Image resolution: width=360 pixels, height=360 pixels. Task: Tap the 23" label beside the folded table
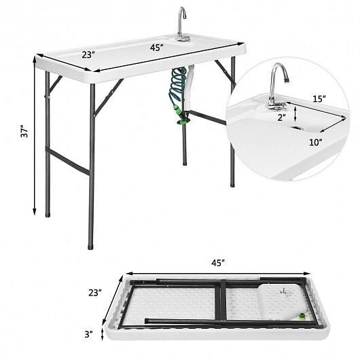pyautogui.click(x=94, y=293)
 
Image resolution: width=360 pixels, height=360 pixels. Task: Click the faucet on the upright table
pyautogui.click(x=181, y=22)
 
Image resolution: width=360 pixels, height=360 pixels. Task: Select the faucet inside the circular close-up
pyautogui.click(x=276, y=85)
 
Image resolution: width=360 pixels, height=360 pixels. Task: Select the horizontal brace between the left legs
pyautogui.click(x=68, y=162)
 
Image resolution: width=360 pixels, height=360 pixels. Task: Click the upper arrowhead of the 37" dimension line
pyautogui.click(x=34, y=58)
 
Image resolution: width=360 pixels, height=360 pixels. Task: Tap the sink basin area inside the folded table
pyautogui.click(x=278, y=299)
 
